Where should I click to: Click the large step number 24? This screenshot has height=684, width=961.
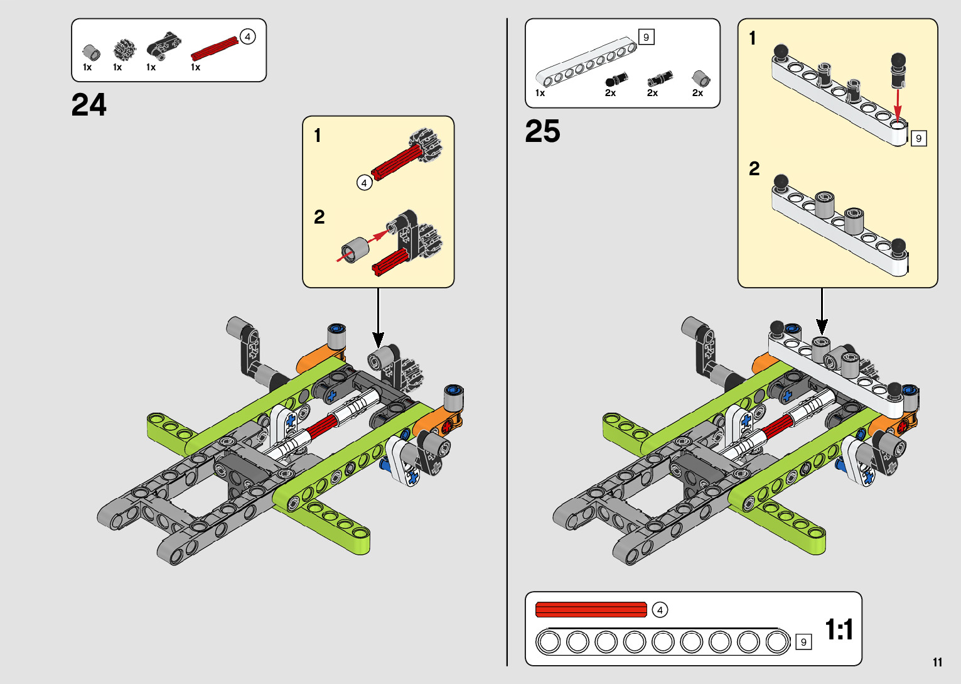(89, 105)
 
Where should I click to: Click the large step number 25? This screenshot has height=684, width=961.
(543, 131)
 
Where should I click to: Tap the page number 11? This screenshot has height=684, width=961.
(937, 662)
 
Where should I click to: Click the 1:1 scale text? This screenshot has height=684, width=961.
(839, 629)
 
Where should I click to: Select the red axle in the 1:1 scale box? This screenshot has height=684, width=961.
(591, 610)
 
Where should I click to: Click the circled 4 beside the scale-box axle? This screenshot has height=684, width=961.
(660, 610)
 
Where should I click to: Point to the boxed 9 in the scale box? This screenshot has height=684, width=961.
(803, 642)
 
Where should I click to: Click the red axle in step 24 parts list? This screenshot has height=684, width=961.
(215, 48)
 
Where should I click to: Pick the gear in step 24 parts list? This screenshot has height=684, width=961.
(124, 50)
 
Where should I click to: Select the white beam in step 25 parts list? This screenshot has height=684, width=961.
(586, 62)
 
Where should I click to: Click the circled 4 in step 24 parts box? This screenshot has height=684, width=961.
(247, 37)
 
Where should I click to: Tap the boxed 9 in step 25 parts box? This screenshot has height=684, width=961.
(646, 37)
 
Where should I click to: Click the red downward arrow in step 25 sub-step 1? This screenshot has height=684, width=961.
(898, 105)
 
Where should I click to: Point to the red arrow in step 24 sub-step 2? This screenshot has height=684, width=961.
(363, 245)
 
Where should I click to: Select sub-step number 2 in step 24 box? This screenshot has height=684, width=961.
(319, 217)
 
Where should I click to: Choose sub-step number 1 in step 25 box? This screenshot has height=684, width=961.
(753, 38)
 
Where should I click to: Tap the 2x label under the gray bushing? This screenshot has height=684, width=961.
(697, 93)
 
